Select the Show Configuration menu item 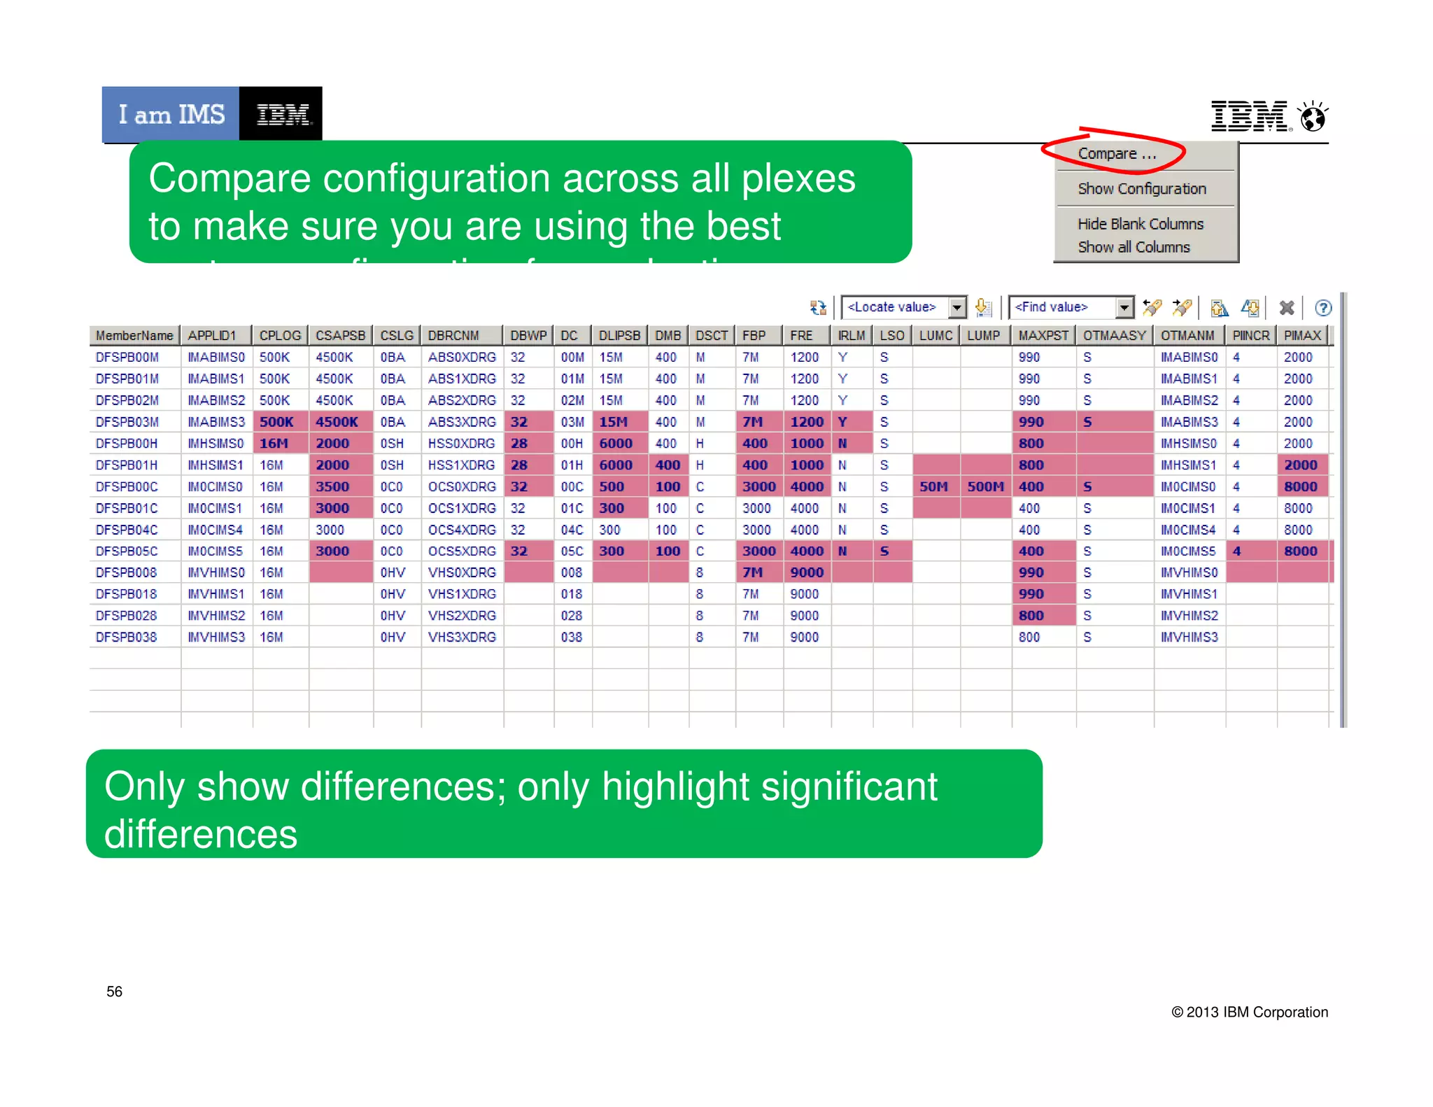point(1141,189)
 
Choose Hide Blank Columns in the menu point(1140,224)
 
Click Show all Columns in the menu point(1133,247)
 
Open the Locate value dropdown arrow point(956,307)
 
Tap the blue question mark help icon point(1322,308)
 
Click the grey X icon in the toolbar point(1286,308)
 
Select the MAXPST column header point(1043,336)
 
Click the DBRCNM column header point(453,336)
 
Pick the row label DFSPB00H point(127,444)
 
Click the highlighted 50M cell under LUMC point(933,487)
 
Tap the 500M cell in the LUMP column point(984,487)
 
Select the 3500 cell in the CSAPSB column point(332,487)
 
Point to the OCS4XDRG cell point(462,530)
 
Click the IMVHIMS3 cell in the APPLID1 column point(216,637)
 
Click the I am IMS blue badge point(171,114)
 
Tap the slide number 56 point(114,992)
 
